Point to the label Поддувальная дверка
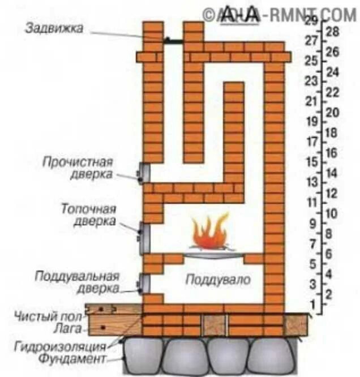77,281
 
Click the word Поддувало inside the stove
217,280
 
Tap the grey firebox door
144,235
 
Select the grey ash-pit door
144,283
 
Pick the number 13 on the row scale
310,182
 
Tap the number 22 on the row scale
332,92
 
